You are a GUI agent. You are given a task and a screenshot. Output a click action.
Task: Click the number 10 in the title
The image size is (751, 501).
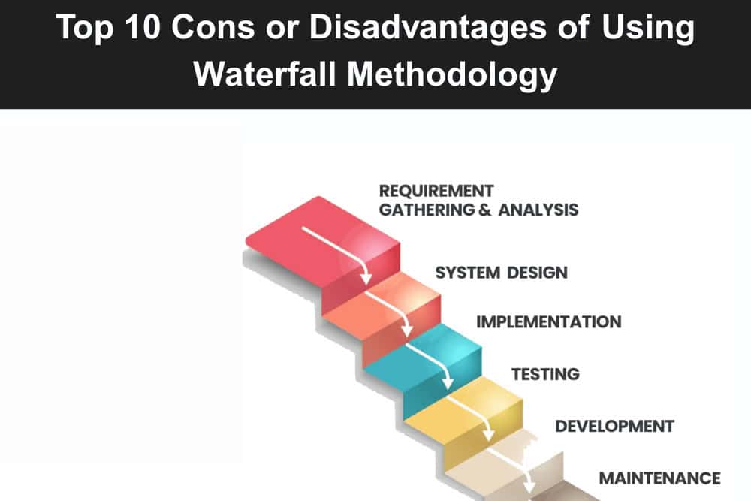[x=142, y=27]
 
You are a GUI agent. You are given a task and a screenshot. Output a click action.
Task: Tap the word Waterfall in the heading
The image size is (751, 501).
[x=264, y=74]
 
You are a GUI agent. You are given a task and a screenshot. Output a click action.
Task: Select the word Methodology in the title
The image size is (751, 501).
[x=452, y=76]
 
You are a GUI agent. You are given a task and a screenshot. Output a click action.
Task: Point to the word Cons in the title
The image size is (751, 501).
[x=213, y=27]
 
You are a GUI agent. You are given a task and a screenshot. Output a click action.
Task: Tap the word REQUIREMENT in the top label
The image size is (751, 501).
[x=436, y=191]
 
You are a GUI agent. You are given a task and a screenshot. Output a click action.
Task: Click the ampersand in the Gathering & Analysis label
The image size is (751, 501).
[x=484, y=210]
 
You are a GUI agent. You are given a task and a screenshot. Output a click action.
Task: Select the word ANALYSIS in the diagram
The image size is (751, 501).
[x=538, y=210]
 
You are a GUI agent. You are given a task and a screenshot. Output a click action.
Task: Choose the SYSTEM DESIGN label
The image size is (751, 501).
[x=502, y=273]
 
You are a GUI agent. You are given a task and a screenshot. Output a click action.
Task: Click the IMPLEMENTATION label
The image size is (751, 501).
[x=549, y=322]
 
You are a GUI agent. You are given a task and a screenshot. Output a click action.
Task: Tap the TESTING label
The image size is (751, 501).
[x=545, y=373]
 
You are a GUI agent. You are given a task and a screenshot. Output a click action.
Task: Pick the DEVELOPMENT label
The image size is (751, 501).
[x=615, y=426]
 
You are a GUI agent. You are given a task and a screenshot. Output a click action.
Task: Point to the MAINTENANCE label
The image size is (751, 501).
[x=660, y=478]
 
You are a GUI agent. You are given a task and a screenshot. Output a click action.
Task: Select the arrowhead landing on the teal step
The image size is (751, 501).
[x=407, y=330]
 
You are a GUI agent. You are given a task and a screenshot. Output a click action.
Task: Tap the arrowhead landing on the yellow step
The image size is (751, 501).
[x=448, y=382]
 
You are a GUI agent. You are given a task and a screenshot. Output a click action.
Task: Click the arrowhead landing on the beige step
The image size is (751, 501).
[x=489, y=434]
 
